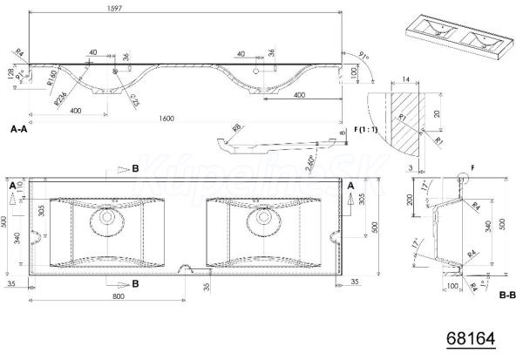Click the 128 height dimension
coord(10,73)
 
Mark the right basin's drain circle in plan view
coord(260,215)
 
